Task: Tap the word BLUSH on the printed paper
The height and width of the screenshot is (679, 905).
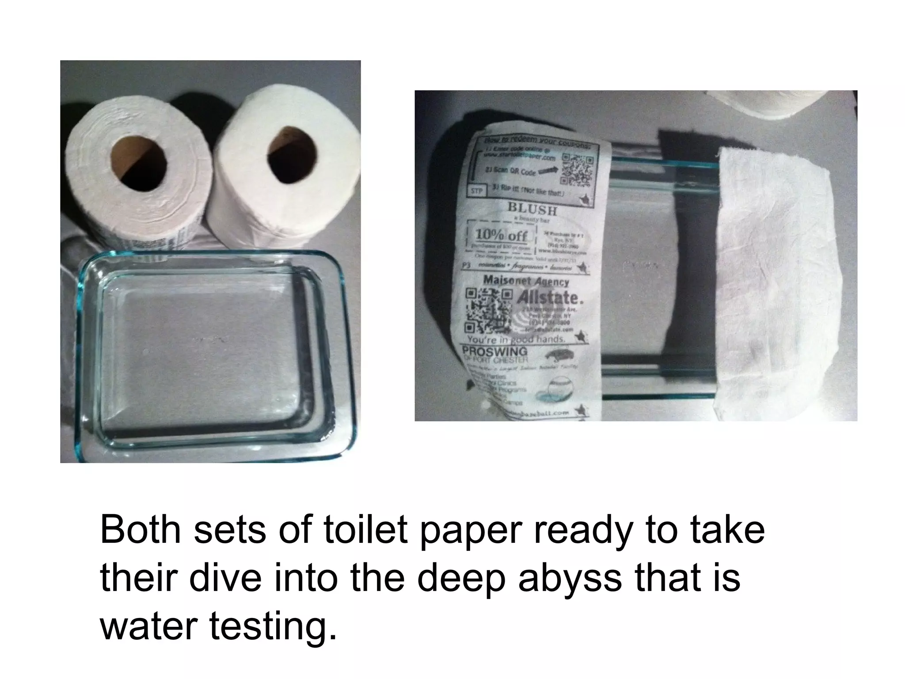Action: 532,209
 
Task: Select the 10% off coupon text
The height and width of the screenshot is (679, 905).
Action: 502,236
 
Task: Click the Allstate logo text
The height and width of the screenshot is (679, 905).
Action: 553,297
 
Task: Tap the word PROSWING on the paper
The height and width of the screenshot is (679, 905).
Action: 494,351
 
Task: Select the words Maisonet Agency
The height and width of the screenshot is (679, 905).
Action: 525,280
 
